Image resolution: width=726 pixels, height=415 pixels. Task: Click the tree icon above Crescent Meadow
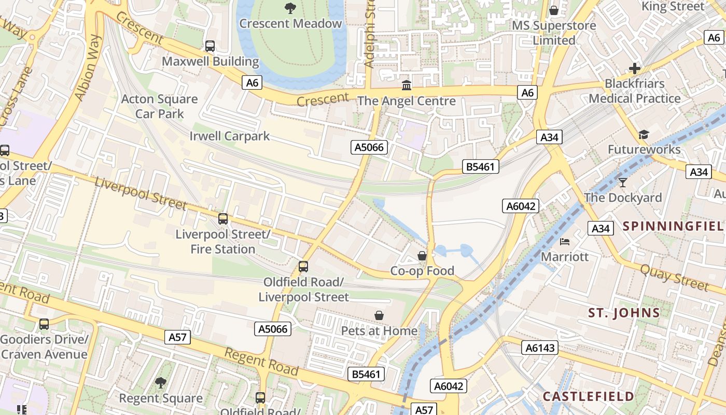(290, 8)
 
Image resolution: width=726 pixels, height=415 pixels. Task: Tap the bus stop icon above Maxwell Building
(210, 46)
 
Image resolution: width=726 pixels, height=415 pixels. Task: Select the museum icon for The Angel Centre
(407, 85)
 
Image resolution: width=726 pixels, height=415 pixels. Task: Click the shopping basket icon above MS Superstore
(554, 10)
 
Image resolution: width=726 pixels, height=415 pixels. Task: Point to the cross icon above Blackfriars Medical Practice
(634, 68)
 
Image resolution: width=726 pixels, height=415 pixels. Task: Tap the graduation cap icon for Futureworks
(644, 135)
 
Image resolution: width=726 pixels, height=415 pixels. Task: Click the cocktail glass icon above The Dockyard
(623, 183)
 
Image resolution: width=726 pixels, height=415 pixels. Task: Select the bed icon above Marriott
(565, 242)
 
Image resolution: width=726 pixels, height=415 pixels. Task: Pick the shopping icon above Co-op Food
(422, 256)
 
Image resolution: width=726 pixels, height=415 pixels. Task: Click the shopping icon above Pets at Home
(379, 315)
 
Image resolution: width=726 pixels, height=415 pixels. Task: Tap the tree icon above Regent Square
(161, 383)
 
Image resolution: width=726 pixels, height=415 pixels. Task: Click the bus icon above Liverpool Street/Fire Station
(223, 219)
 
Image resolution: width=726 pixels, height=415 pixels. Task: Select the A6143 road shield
(540, 348)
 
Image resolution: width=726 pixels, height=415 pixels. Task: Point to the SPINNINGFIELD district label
(673, 226)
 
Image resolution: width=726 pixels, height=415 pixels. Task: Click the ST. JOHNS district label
(624, 313)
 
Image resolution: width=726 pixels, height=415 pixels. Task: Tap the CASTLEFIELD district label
(588, 397)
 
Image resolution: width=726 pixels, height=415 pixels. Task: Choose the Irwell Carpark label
(230, 136)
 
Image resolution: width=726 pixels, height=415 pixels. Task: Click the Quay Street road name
(674, 278)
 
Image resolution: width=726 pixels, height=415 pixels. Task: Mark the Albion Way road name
(88, 68)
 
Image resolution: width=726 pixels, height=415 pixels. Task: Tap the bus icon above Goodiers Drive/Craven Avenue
(44, 324)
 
